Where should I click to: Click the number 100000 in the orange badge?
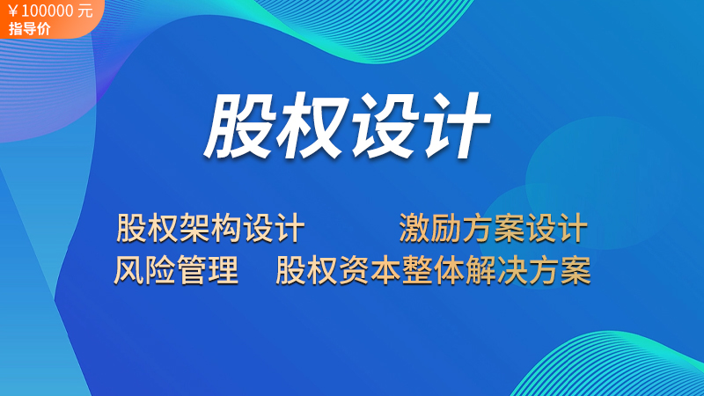(x=48, y=11)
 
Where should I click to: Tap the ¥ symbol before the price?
(x=13, y=11)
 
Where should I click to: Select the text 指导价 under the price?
(x=29, y=29)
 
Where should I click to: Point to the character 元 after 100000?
(x=84, y=11)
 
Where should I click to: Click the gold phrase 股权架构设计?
(x=210, y=228)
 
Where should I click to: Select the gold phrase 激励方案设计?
(x=493, y=228)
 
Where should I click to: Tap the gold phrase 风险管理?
(x=175, y=270)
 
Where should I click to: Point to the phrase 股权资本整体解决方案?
(x=433, y=270)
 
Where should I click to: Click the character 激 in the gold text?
(x=414, y=228)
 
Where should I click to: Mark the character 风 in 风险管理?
(x=128, y=270)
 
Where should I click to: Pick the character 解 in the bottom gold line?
(x=480, y=270)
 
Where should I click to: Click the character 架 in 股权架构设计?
(x=194, y=228)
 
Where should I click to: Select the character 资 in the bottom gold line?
(x=354, y=270)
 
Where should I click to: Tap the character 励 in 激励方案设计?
(x=446, y=228)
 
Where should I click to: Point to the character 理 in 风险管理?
(x=224, y=270)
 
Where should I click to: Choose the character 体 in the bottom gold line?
(x=449, y=270)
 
